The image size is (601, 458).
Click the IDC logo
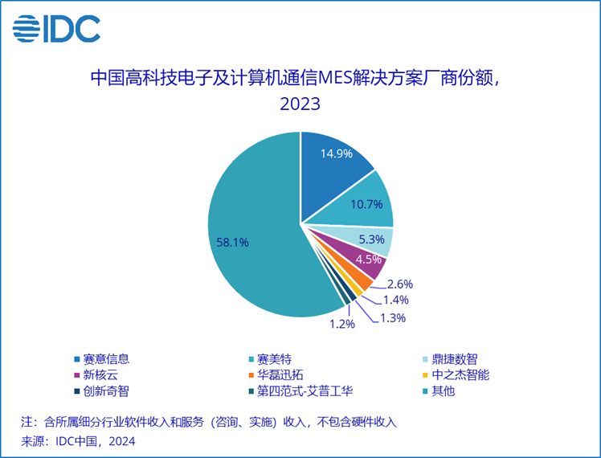pos(56,30)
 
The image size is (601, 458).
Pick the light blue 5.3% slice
pos(372,239)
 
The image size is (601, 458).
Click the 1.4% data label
pos(394,300)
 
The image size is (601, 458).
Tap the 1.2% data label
pos(341,325)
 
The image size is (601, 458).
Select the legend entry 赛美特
pos(273,358)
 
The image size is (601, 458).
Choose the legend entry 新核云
pos(96,375)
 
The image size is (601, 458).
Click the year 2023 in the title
pos(300,104)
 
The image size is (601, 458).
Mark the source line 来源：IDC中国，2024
pos(78,441)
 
